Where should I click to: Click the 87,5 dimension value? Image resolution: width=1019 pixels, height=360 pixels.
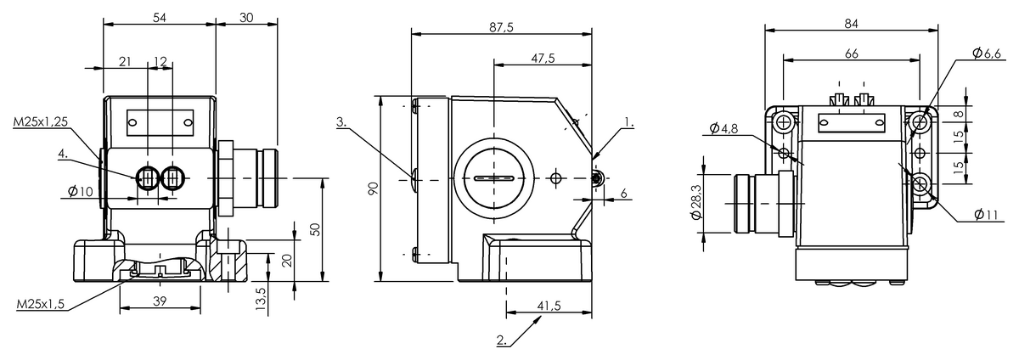point(501,27)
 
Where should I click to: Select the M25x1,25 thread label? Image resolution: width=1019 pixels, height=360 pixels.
point(41,121)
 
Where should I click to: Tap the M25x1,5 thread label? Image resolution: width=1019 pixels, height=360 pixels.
point(41,304)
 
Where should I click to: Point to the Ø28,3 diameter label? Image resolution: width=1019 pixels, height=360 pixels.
point(696,202)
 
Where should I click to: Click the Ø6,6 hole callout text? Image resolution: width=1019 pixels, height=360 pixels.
point(987,53)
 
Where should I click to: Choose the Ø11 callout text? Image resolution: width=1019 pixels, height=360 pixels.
point(986,214)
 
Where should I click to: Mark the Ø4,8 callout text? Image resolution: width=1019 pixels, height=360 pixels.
point(723,129)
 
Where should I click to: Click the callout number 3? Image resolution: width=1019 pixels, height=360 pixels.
point(341,122)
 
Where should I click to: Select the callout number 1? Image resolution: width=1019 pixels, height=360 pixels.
point(629,122)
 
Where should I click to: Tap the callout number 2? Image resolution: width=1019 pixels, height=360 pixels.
point(501,340)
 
